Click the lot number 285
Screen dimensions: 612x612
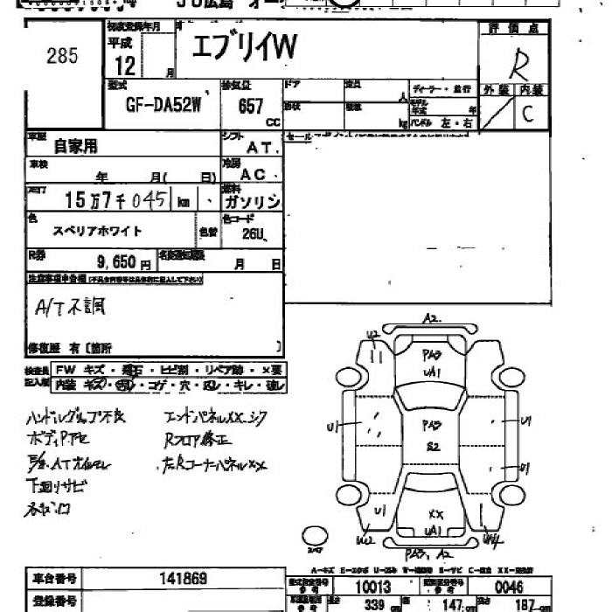pos(62,57)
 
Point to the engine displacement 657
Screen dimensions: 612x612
pos(251,106)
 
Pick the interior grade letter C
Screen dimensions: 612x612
pos(527,113)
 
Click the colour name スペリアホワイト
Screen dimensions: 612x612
pos(98,231)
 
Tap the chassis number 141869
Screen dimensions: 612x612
pos(183,578)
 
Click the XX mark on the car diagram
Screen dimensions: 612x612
pos(435,514)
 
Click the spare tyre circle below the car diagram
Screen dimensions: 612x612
pos(314,534)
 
